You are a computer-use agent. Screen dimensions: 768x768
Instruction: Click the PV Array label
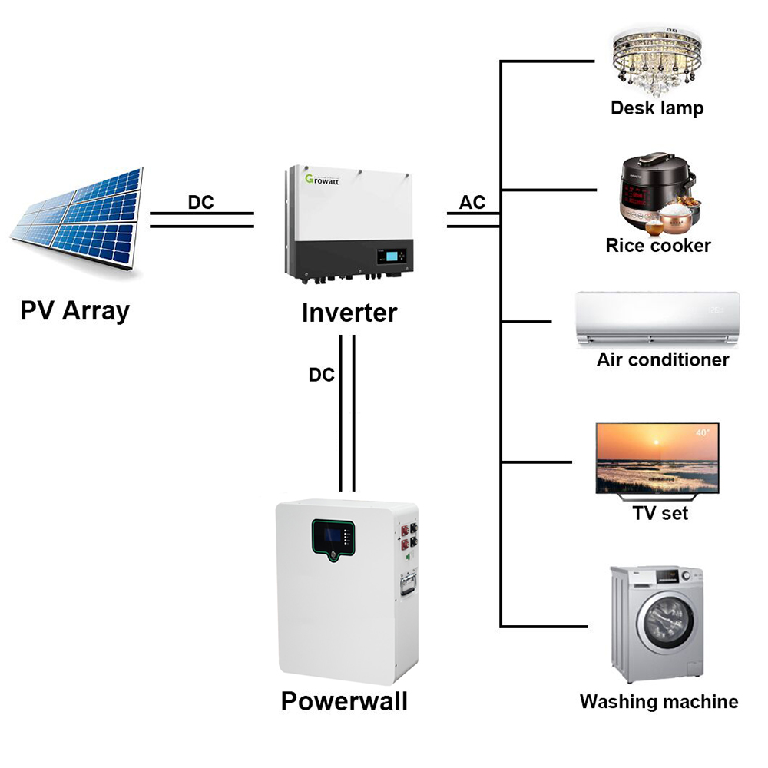(x=74, y=311)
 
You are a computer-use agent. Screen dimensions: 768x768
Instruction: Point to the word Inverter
(x=349, y=313)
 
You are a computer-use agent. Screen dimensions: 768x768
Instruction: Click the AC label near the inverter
(x=472, y=203)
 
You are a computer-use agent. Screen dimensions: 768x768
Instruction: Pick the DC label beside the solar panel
(x=201, y=203)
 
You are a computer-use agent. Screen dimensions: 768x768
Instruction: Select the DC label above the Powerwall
(x=322, y=375)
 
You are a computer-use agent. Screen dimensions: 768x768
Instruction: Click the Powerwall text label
(x=344, y=701)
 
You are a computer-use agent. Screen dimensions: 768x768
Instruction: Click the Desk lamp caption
(x=657, y=108)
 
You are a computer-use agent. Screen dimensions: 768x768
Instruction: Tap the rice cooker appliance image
(x=657, y=197)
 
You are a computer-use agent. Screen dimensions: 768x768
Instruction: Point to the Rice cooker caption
(x=658, y=246)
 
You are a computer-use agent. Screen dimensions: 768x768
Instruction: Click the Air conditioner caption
(x=663, y=359)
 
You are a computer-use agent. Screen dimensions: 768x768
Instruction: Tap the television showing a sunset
(x=657, y=458)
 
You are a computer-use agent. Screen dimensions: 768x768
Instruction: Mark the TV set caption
(x=660, y=513)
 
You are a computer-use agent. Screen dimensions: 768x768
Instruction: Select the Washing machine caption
(x=659, y=701)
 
